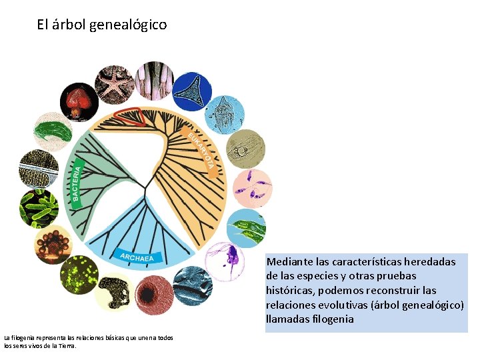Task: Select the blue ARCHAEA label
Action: (137, 257)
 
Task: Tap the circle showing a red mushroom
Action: (79, 101)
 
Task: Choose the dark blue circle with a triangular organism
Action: (193, 91)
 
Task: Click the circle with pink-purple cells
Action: (253, 188)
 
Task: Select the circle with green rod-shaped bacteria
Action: (38, 207)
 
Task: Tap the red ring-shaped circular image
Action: (155, 294)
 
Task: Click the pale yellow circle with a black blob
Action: (114, 293)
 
